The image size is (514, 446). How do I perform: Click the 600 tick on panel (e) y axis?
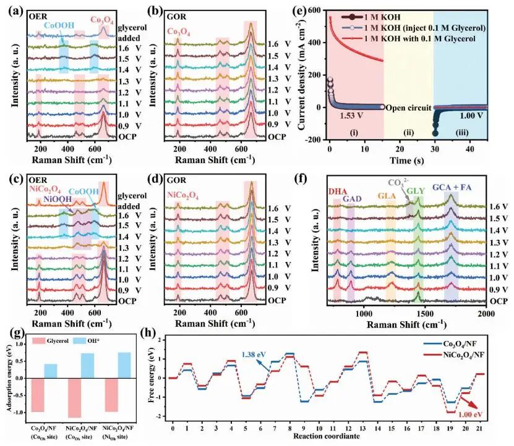315,11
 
